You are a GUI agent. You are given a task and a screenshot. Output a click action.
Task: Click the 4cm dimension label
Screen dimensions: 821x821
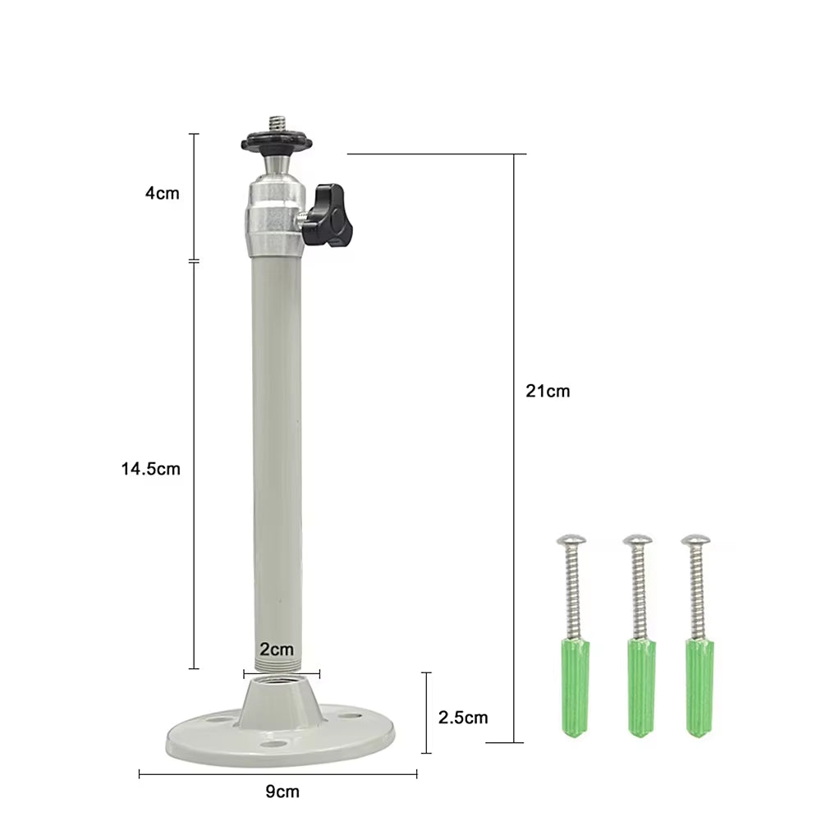(161, 194)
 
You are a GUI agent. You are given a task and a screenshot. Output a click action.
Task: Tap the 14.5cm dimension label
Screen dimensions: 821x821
(150, 469)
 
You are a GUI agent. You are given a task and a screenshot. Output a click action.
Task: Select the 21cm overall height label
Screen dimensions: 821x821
(548, 391)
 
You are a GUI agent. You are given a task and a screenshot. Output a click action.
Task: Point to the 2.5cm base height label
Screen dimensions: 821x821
(463, 718)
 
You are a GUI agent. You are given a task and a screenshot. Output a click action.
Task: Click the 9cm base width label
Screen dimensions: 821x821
(282, 791)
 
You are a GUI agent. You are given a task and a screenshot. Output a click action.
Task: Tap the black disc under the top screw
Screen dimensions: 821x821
(277, 144)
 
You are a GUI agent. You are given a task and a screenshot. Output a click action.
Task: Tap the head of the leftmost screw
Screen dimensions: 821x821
(571, 540)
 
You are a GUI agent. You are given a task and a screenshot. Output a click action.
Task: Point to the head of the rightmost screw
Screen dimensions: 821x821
(695, 540)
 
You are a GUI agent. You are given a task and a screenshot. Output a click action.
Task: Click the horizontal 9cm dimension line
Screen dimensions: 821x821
(205, 773)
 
